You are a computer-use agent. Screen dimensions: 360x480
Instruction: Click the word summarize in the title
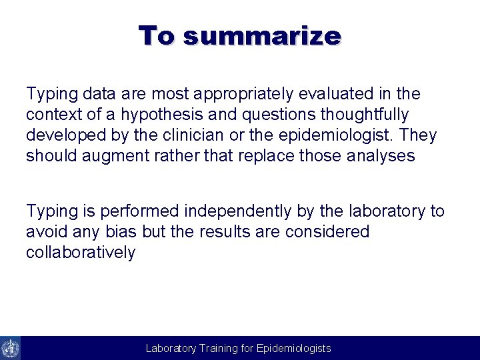pos(262,36)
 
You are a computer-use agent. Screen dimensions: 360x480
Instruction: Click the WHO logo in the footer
pos(10,348)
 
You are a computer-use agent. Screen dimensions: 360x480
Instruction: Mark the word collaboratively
pos(81,253)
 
